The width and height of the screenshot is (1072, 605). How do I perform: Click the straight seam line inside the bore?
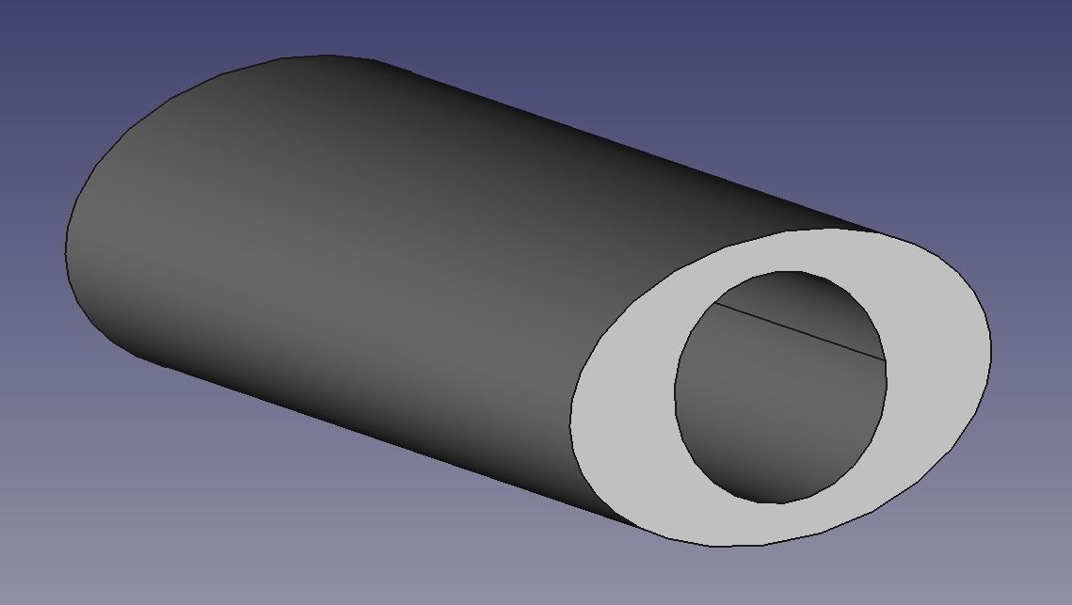coord(800,331)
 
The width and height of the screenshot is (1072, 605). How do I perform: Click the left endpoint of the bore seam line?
coord(713,303)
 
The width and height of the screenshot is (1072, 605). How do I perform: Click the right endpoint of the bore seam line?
coord(886,360)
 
